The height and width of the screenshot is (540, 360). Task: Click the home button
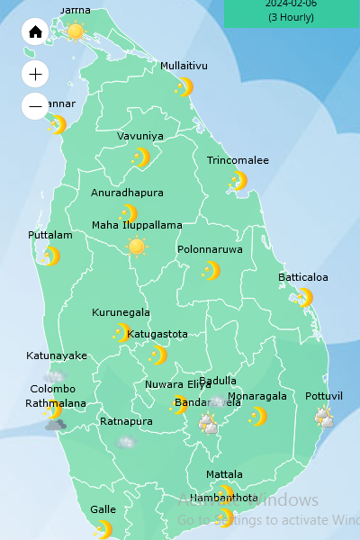pyautogui.click(x=35, y=32)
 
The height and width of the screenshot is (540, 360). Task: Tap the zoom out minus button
pyautogui.click(x=35, y=106)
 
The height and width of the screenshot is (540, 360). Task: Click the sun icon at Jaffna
pyautogui.click(x=75, y=31)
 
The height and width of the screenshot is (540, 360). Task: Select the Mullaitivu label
pyautogui.click(x=184, y=66)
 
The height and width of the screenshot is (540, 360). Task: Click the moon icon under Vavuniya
pyautogui.click(x=140, y=157)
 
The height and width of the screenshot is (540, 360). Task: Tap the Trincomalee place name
pyautogui.click(x=238, y=160)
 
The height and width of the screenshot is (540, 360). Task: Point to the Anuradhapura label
pyautogui.click(x=127, y=193)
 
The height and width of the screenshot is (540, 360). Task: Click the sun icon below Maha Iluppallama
pyautogui.click(x=137, y=247)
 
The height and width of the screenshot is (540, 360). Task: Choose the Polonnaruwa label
pyautogui.click(x=210, y=249)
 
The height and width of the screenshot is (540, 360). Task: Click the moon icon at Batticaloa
pyautogui.click(x=304, y=297)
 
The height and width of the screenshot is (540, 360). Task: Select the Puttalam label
pyautogui.click(x=49, y=235)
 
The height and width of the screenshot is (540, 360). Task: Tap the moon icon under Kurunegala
pyautogui.click(x=121, y=333)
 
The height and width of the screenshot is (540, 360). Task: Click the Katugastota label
pyautogui.click(x=157, y=334)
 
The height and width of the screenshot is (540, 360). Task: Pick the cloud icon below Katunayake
pyautogui.click(x=55, y=375)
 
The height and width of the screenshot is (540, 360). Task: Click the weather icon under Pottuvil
pyautogui.click(x=323, y=417)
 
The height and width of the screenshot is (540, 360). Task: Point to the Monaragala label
pyautogui.click(x=257, y=396)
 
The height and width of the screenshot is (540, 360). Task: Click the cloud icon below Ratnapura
pyautogui.click(x=126, y=442)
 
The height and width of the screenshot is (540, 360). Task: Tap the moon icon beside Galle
pyautogui.click(x=103, y=529)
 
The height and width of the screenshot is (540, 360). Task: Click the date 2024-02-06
pyautogui.click(x=292, y=4)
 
